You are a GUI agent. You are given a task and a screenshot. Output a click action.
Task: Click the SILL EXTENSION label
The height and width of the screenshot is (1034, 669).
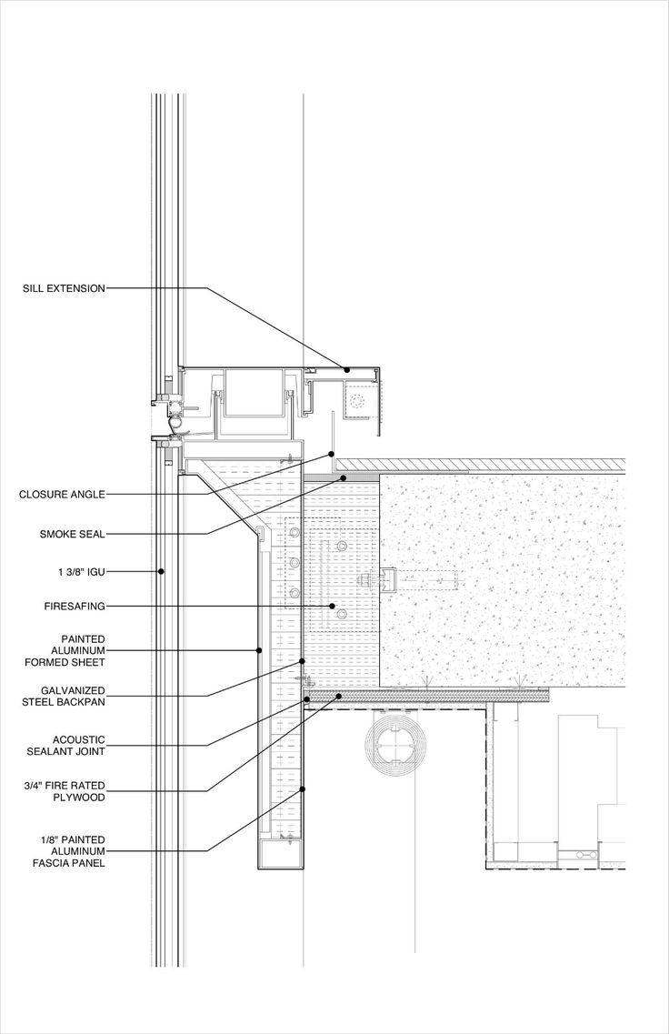pyautogui.click(x=64, y=288)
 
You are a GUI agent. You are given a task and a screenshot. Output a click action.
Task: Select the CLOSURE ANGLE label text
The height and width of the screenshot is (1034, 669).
pyautogui.click(x=62, y=494)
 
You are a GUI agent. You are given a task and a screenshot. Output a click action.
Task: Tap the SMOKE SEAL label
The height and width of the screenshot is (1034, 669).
pyautogui.click(x=73, y=534)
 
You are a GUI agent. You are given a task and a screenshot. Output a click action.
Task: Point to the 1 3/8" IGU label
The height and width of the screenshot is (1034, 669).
pyautogui.click(x=81, y=572)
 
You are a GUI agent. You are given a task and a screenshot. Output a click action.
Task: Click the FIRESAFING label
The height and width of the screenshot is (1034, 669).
pyautogui.click(x=75, y=606)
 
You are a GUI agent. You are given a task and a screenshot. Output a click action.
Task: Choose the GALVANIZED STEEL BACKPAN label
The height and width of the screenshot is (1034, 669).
pyautogui.click(x=64, y=697)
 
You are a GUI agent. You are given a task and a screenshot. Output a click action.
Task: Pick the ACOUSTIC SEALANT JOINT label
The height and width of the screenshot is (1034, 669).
pyautogui.click(x=66, y=746)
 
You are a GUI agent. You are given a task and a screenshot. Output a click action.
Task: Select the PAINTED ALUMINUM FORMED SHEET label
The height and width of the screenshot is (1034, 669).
pyautogui.click(x=65, y=650)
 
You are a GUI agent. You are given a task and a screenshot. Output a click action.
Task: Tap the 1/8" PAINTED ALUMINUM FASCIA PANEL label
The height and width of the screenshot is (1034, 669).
pyautogui.click(x=68, y=850)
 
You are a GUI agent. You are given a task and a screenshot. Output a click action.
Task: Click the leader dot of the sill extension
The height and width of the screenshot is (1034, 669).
pyautogui.click(x=346, y=370)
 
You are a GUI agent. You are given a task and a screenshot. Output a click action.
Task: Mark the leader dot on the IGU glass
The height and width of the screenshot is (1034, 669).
pyautogui.click(x=161, y=572)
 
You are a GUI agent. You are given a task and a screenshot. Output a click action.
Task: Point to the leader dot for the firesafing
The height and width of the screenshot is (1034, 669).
pyautogui.click(x=332, y=606)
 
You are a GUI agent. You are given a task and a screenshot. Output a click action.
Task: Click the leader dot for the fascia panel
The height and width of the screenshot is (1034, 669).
pyautogui.click(x=303, y=788)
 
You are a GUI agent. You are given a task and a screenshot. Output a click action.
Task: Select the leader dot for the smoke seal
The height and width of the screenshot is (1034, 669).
pyautogui.click(x=343, y=477)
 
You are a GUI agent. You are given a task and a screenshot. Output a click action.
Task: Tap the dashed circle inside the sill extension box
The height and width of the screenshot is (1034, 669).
pyautogui.click(x=357, y=402)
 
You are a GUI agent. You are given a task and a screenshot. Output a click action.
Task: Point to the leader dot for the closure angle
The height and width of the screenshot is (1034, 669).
pyautogui.click(x=330, y=455)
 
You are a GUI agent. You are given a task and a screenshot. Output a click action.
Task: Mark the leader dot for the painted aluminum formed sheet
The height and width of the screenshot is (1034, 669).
pyautogui.click(x=259, y=650)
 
